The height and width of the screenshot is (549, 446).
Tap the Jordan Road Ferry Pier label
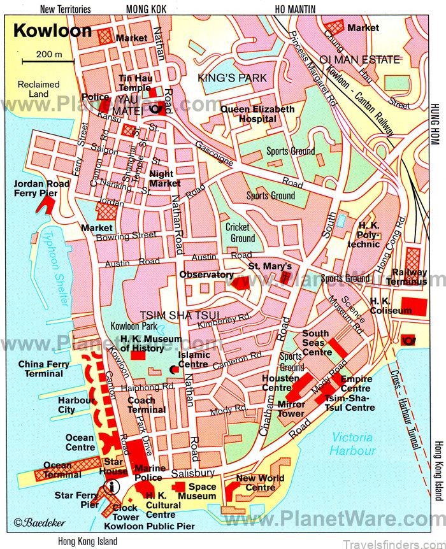coord(37,189)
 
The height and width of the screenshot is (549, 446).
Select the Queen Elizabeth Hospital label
coord(257,114)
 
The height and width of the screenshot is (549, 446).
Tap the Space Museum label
coord(197,491)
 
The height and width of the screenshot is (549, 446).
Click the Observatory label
coord(206,274)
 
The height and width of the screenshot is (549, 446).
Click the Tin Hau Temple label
coord(135,83)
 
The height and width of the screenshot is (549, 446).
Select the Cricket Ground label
coord(240,232)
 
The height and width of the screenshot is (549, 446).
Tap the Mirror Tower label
coord(291,409)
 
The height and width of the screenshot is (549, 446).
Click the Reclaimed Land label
coord(38,89)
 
